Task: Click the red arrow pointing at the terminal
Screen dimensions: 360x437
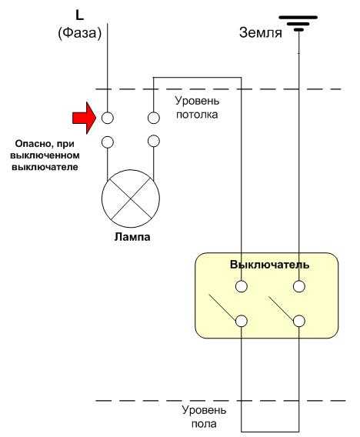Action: (x=85, y=118)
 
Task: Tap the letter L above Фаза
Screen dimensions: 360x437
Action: (x=80, y=15)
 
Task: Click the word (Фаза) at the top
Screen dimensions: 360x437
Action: (x=80, y=33)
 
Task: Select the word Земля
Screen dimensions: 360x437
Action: (x=261, y=32)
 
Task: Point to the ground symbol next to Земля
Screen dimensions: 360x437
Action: (x=298, y=23)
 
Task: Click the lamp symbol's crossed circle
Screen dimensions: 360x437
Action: (x=131, y=198)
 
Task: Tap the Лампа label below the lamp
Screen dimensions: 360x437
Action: (x=132, y=237)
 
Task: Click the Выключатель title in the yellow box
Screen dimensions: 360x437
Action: (x=269, y=264)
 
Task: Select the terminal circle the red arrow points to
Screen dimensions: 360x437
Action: (x=107, y=118)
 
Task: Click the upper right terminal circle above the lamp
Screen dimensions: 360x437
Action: (x=154, y=118)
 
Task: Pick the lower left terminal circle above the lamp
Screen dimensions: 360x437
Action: (x=107, y=142)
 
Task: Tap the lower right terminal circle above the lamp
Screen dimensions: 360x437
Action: (x=154, y=141)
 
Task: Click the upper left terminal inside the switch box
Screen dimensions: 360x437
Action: (x=242, y=286)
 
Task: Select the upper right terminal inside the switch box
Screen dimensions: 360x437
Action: (x=299, y=286)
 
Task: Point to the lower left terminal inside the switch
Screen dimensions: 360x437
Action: (x=242, y=321)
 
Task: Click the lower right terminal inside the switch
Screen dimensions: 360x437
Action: (x=299, y=321)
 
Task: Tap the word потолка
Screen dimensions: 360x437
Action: (x=197, y=115)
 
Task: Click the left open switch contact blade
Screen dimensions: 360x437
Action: (x=222, y=306)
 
